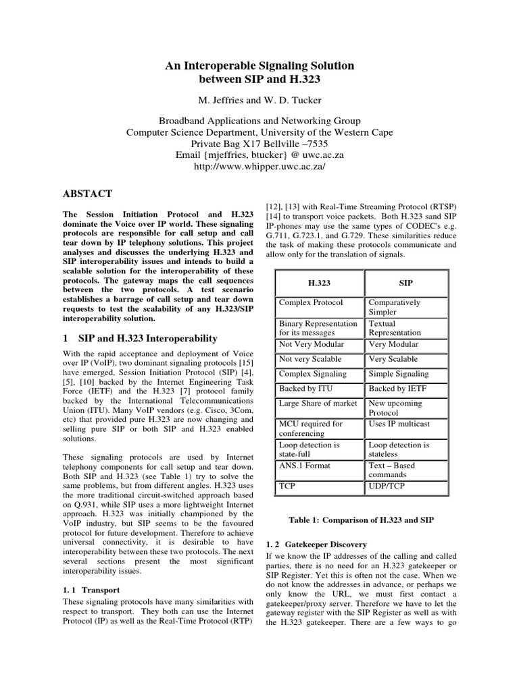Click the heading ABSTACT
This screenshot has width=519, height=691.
pos(87,194)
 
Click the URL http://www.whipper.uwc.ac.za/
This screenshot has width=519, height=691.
pos(259,167)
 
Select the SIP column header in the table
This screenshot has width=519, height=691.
pos(406,283)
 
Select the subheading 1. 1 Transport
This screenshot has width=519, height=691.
pos(91,590)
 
